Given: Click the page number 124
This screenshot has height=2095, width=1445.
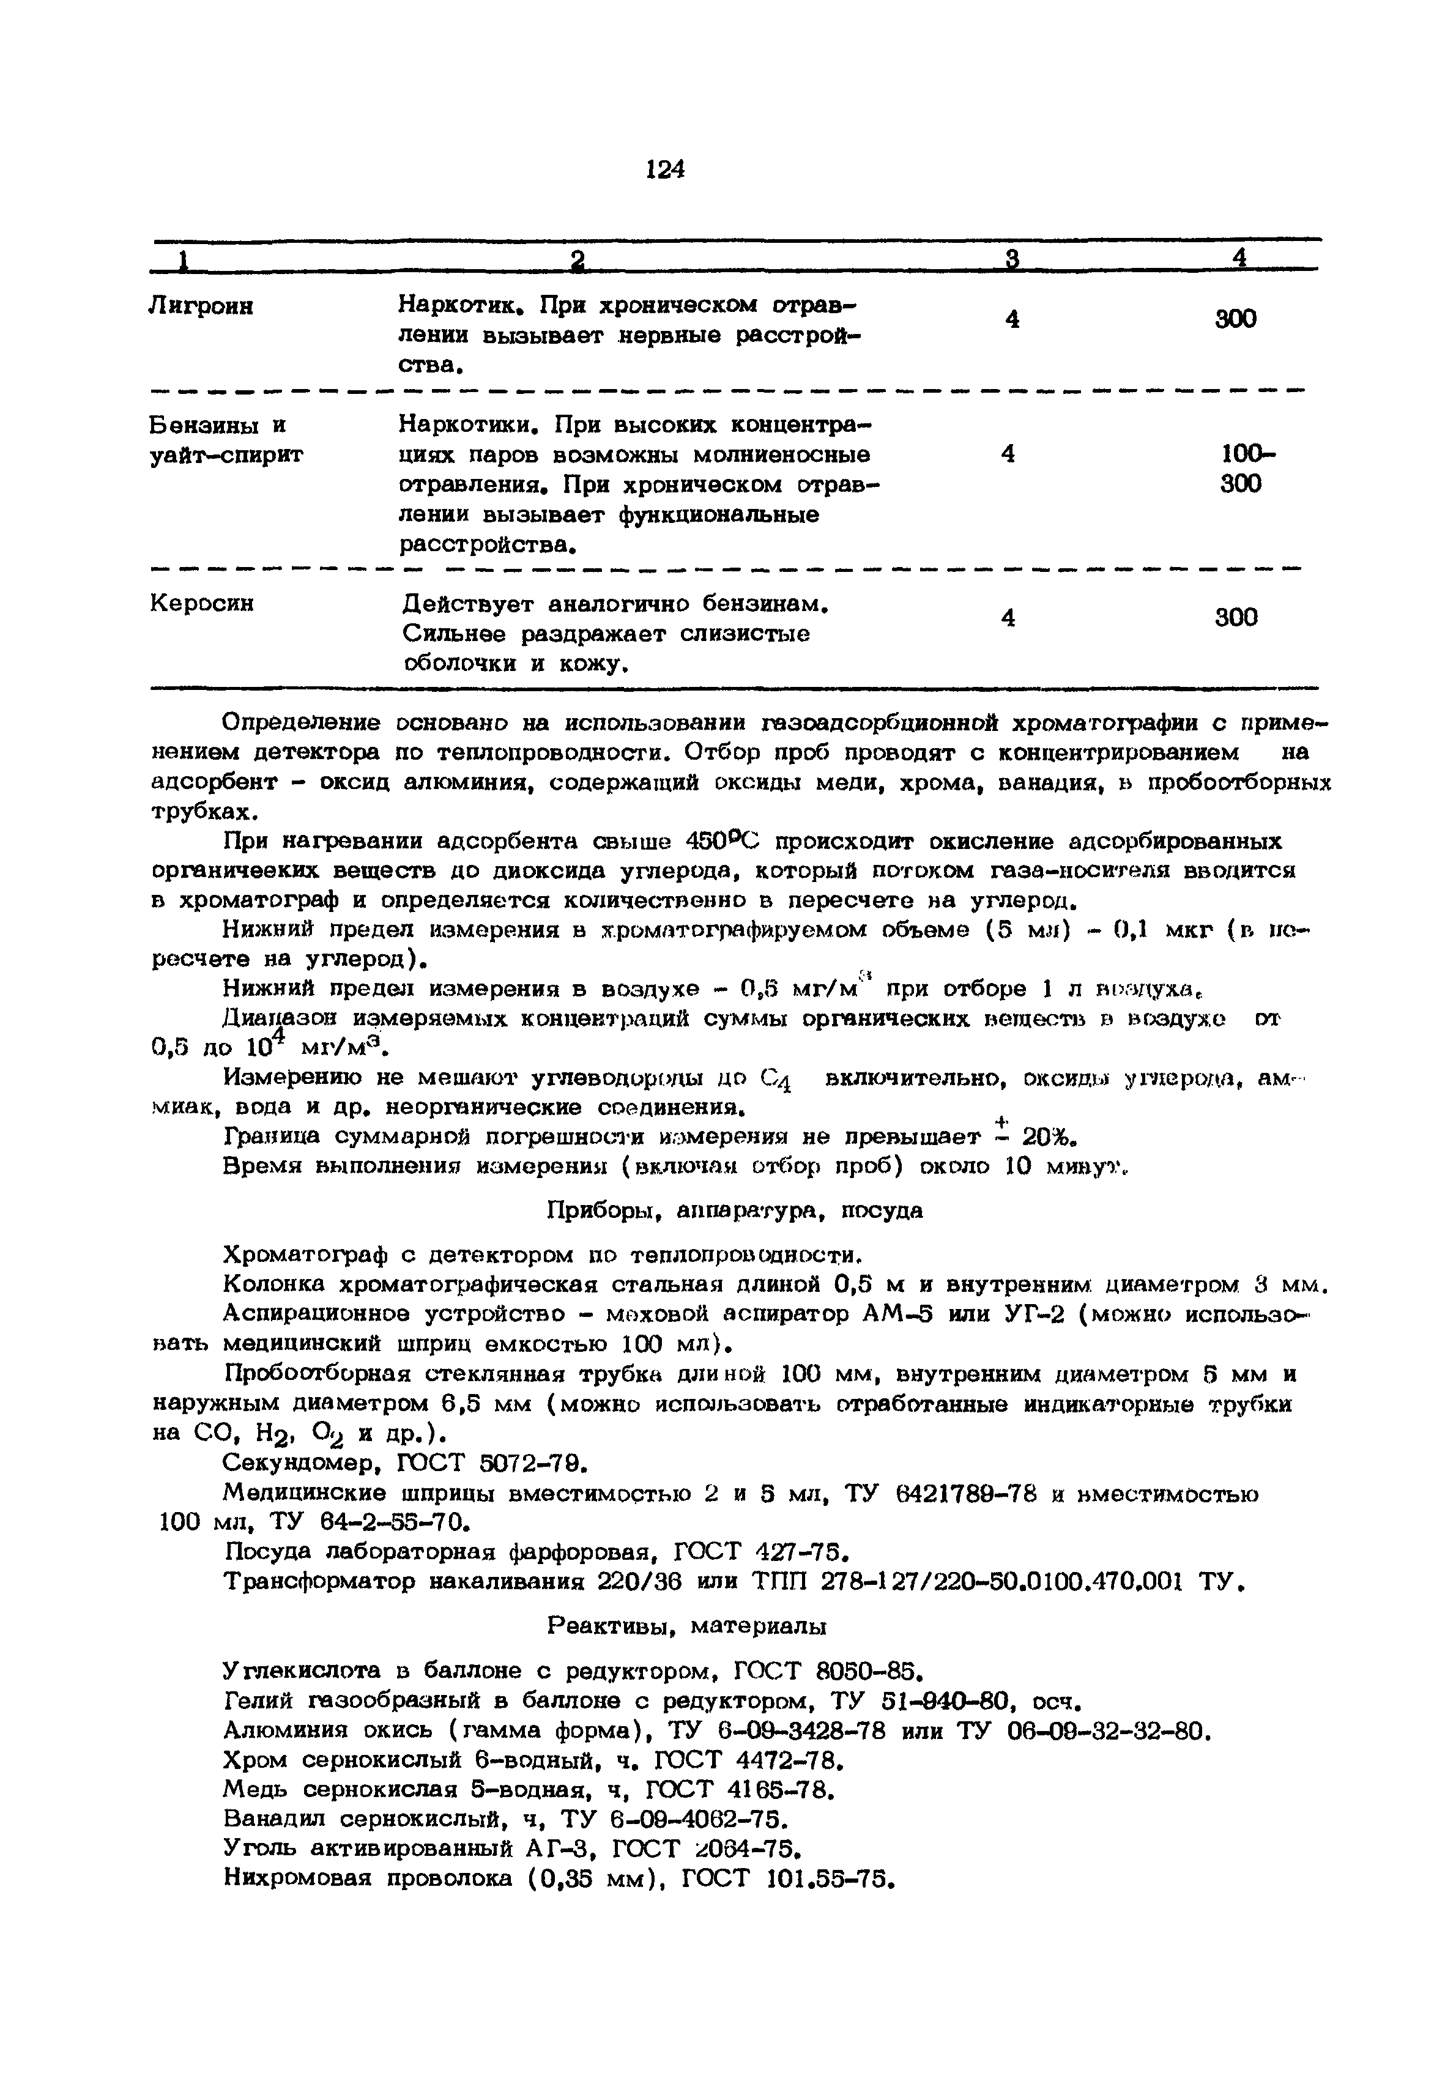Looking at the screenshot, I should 666,170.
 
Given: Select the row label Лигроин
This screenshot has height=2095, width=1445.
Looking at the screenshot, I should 201,308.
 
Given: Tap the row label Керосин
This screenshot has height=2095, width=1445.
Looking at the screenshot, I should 201,603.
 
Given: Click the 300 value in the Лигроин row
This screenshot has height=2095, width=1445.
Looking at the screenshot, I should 1235,319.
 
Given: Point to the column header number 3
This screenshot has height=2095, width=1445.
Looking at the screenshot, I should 1012,260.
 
